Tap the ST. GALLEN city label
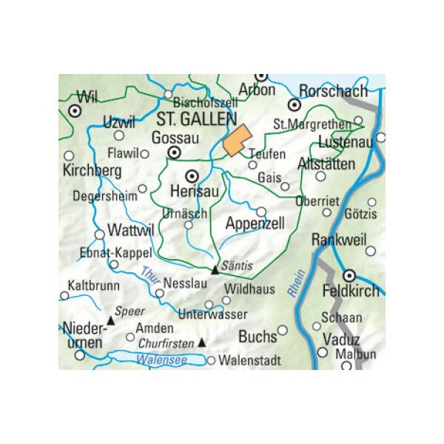196,120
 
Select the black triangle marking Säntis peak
215,270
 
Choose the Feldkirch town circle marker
350,275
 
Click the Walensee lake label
161,360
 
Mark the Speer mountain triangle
110,320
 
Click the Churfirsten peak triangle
201,343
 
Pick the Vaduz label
340,340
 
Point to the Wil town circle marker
74,110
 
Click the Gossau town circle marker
175,153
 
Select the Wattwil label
130,230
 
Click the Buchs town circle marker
282,330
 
